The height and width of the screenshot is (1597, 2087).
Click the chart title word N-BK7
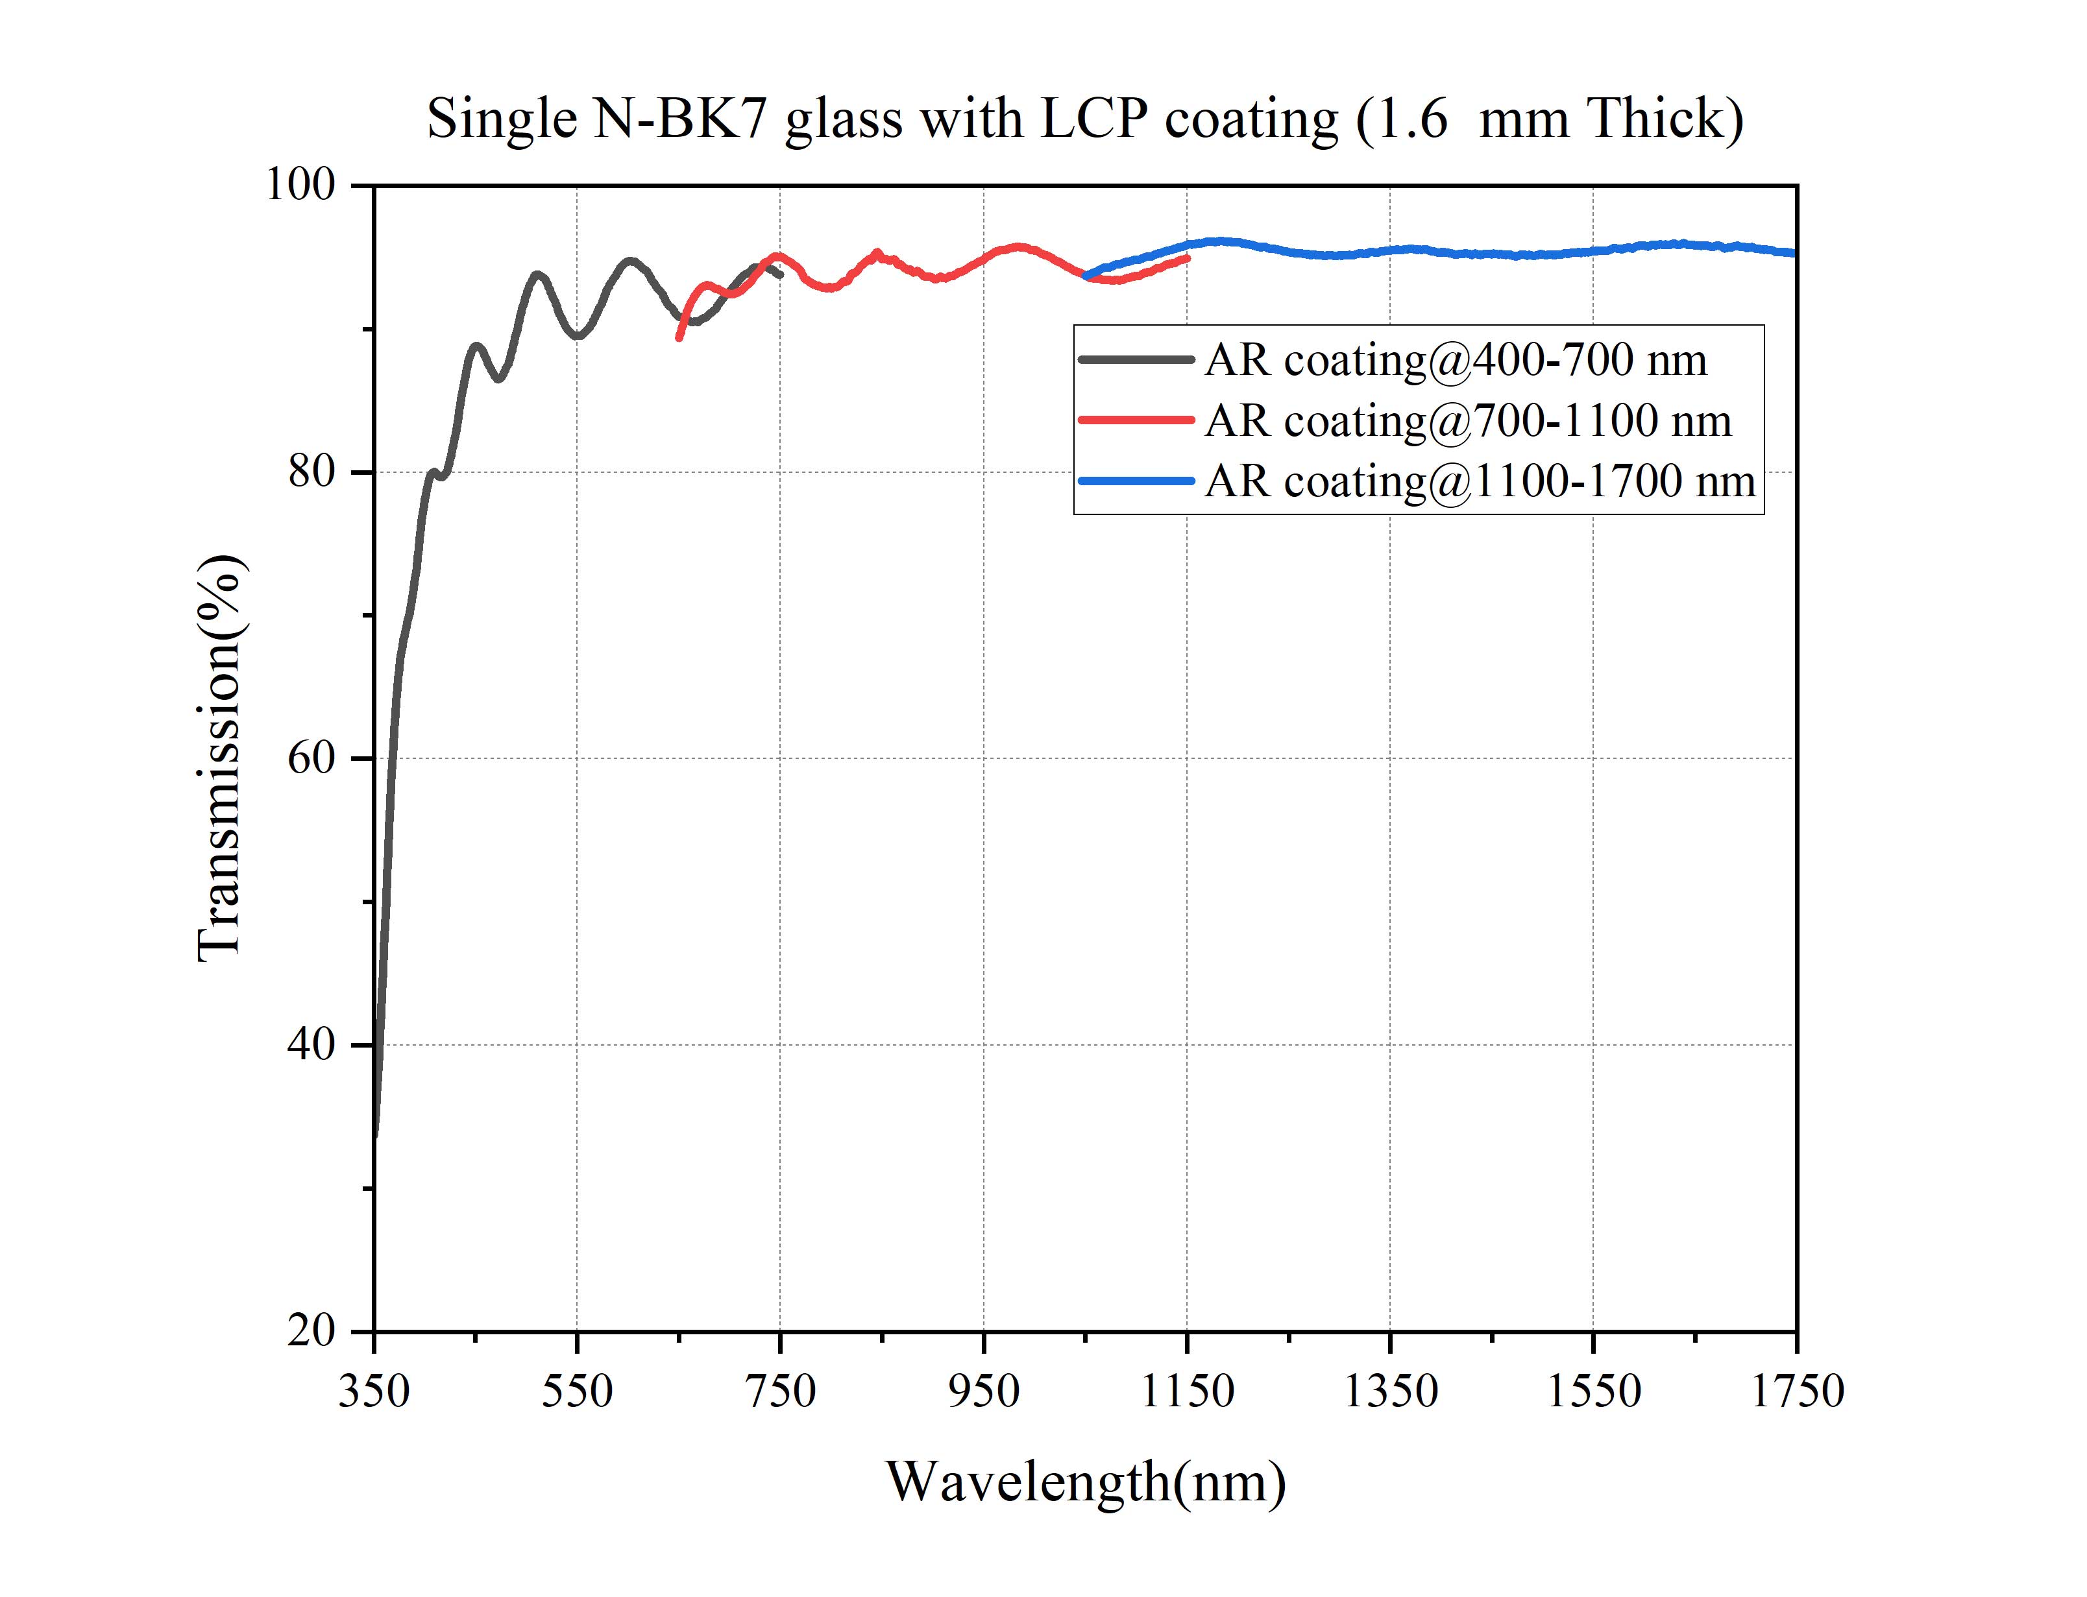click(x=679, y=120)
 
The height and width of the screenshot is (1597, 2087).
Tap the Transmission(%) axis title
click(x=221, y=758)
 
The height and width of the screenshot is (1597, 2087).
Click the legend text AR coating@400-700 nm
click(x=1455, y=360)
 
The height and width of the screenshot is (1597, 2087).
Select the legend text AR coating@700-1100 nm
click(x=1467, y=421)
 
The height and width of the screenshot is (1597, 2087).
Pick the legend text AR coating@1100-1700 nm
click(x=1480, y=482)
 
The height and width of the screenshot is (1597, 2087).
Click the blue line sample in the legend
click(x=1136, y=482)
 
